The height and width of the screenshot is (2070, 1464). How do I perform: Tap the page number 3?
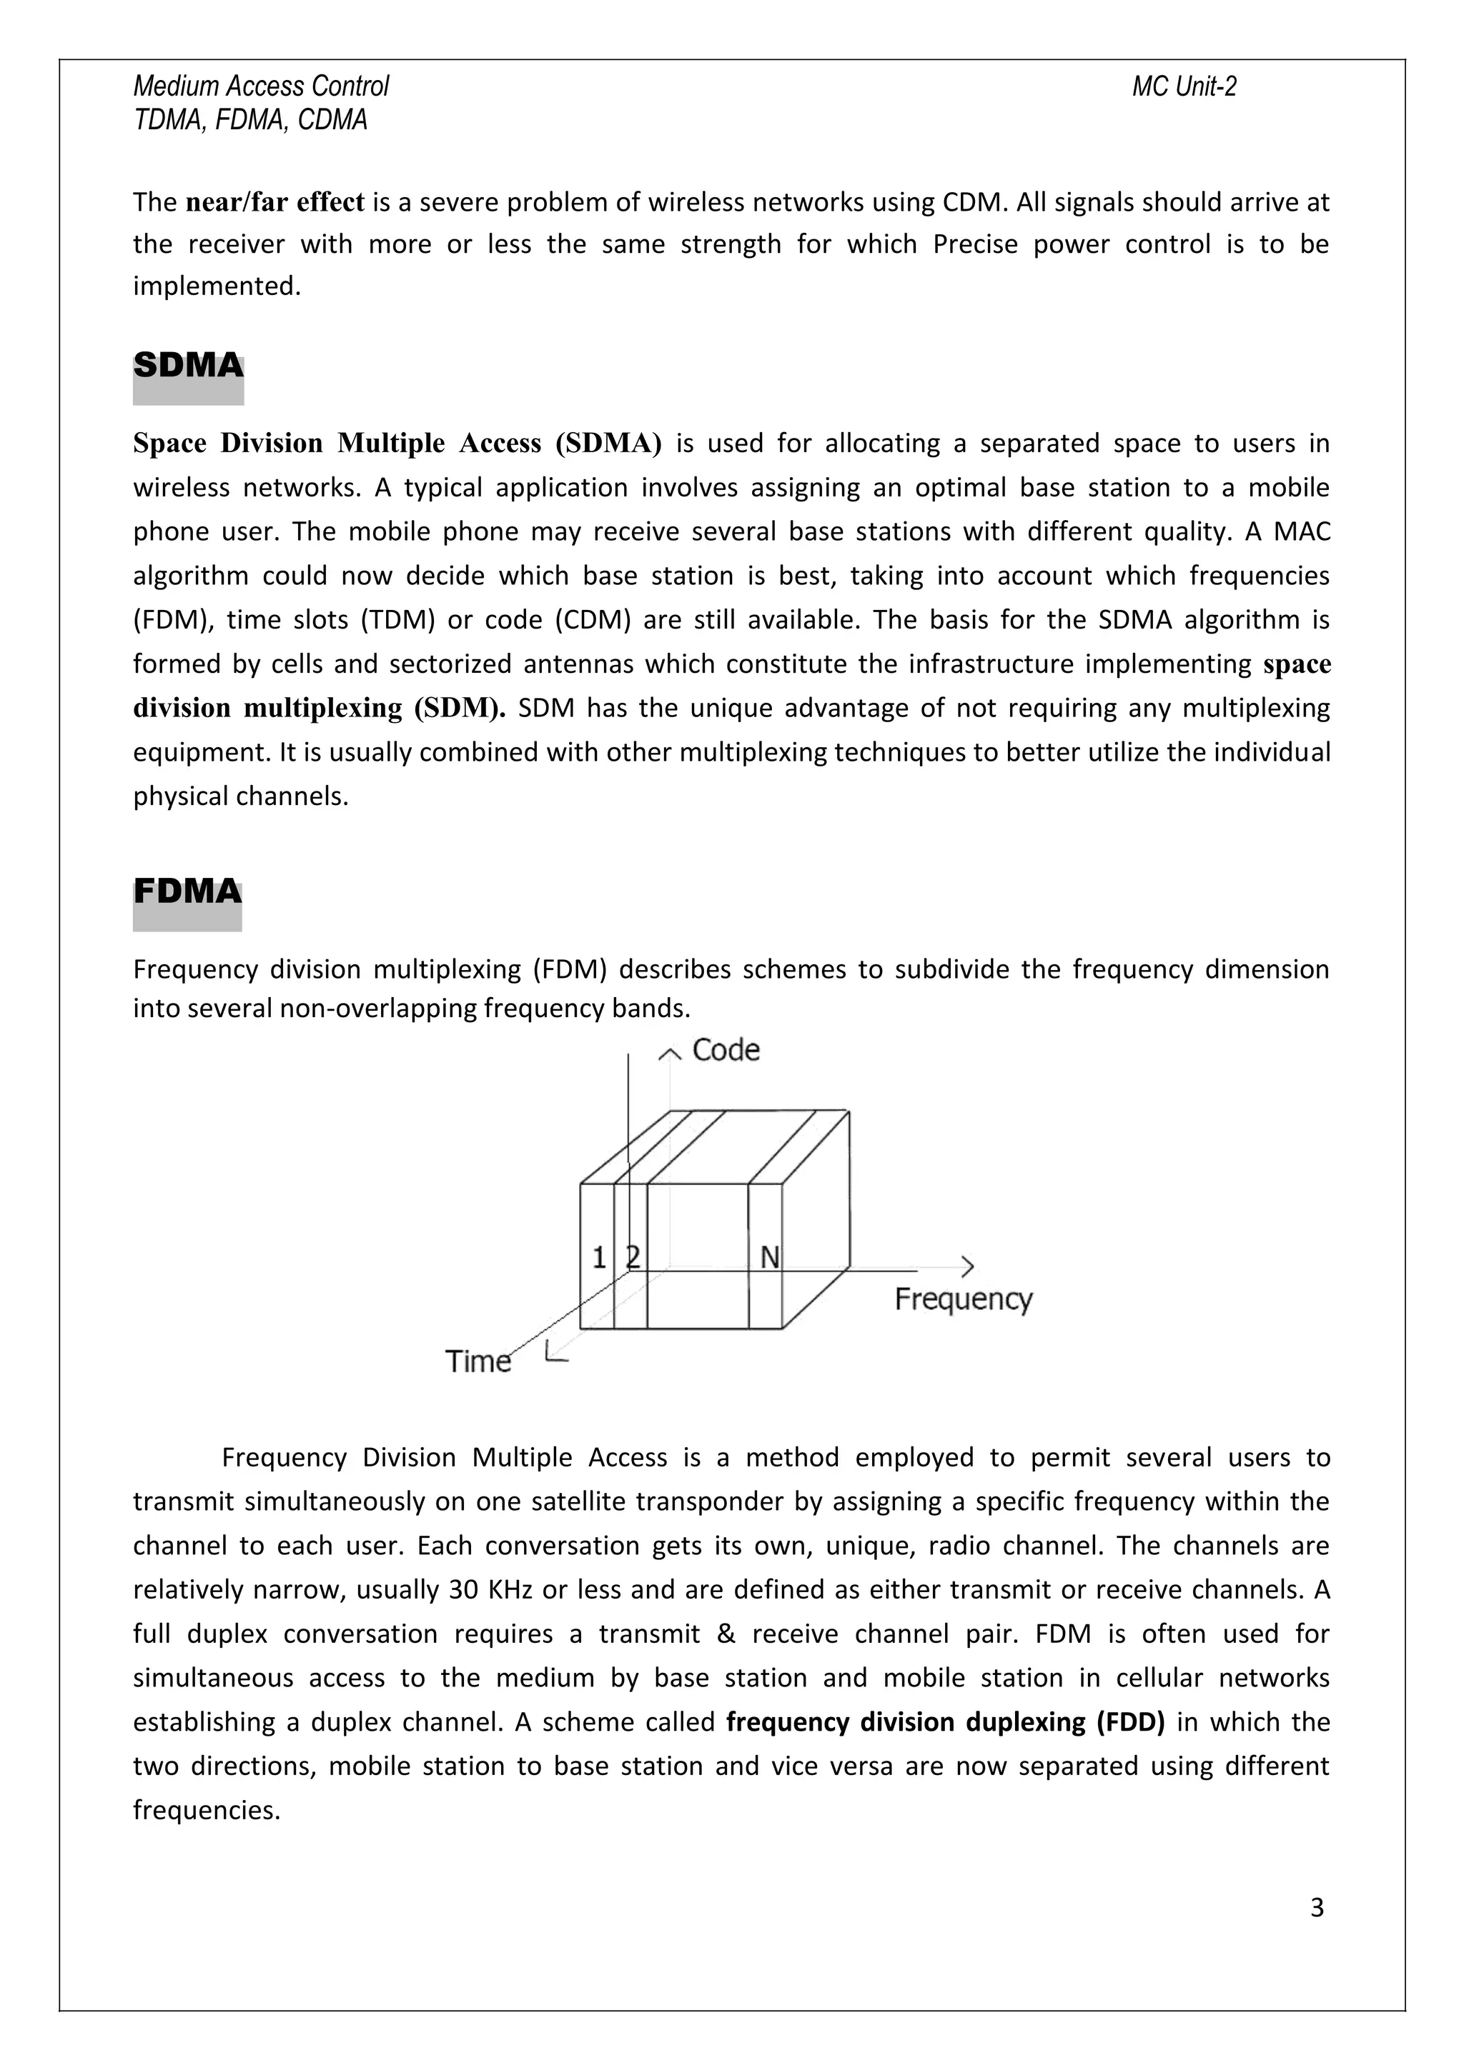(x=1316, y=1908)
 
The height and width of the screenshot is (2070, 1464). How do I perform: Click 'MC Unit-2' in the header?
(x=1184, y=86)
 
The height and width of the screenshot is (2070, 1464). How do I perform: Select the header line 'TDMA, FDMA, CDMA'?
(x=250, y=120)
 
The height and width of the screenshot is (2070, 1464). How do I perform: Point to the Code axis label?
(x=726, y=1050)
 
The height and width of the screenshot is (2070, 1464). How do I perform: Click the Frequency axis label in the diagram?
(x=962, y=1299)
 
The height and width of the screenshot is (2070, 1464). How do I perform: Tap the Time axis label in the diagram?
(x=478, y=1361)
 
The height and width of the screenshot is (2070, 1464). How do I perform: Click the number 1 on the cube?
(x=599, y=1258)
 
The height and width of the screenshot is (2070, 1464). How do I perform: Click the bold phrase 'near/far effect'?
(x=274, y=202)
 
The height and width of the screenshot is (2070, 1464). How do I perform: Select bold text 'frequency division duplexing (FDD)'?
(x=944, y=1722)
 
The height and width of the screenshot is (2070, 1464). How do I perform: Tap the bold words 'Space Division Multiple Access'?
(x=337, y=444)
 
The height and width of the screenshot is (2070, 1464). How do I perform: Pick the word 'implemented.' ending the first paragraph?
(x=217, y=286)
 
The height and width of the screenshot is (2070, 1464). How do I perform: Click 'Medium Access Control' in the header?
(x=261, y=86)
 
